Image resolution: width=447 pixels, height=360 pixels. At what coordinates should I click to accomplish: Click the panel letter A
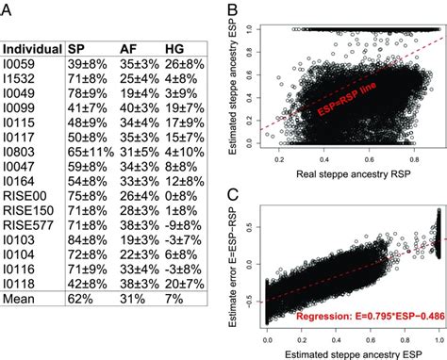point(7,10)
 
